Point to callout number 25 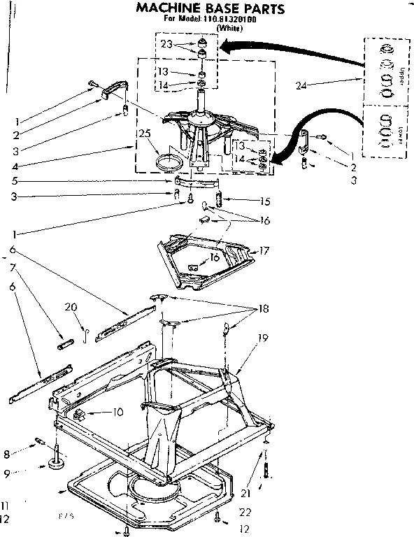pyautogui.click(x=145, y=134)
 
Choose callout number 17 pyautogui.click(x=265, y=250)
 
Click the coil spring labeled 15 pyautogui.click(x=219, y=201)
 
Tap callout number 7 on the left pyautogui.click(x=12, y=267)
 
